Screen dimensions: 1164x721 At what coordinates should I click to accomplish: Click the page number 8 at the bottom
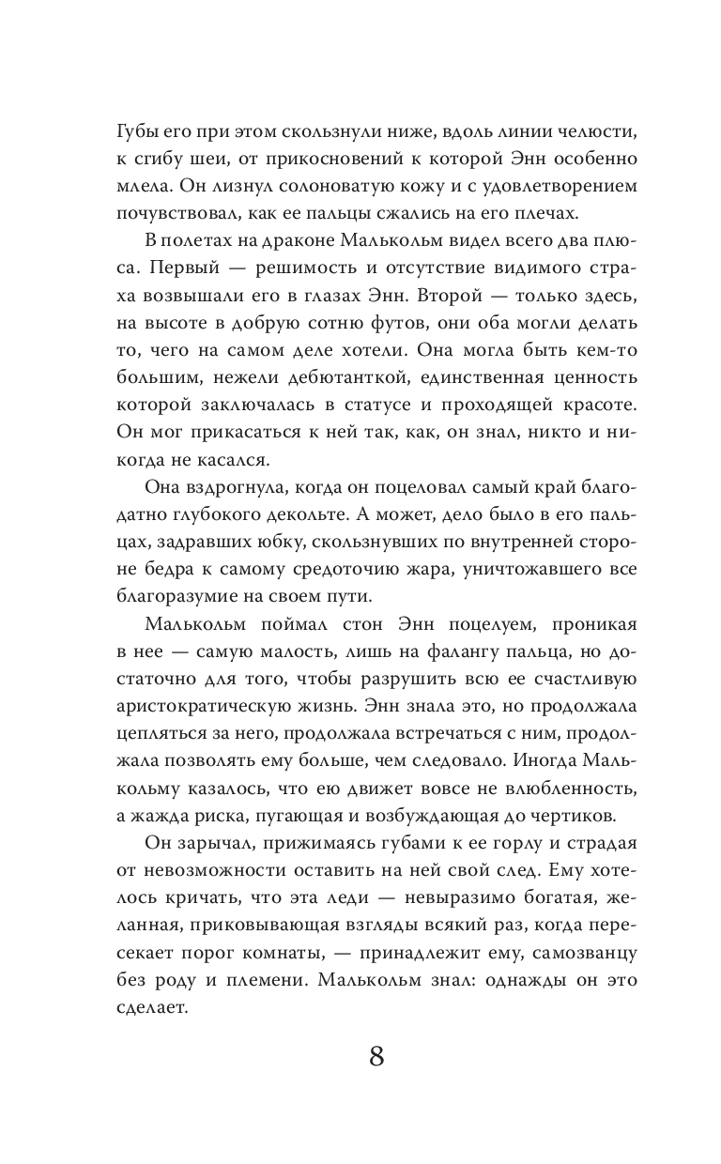(376, 1055)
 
